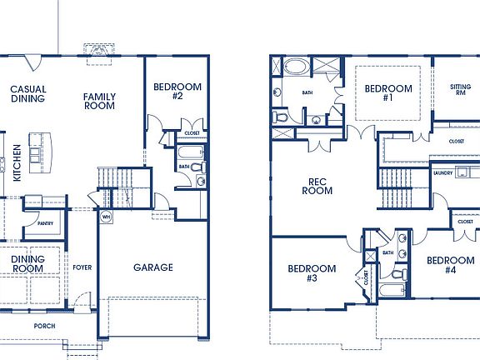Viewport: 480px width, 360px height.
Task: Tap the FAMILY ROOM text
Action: [99, 102]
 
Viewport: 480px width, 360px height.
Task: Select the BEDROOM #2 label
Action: [177, 91]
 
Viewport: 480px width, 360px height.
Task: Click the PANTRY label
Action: [45, 223]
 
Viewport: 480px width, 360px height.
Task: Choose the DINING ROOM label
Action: [27, 263]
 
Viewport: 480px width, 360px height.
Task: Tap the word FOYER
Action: [82, 267]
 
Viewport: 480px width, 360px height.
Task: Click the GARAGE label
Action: [153, 267]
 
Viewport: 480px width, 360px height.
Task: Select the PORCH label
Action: [44, 325]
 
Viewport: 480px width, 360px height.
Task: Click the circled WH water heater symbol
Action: [106, 217]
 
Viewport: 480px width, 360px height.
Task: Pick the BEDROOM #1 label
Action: [388, 93]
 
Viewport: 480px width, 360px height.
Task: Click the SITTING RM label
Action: [460, 90]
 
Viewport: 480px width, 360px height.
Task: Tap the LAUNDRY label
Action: [443, 173]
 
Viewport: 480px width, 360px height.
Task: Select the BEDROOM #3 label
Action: [312, 273]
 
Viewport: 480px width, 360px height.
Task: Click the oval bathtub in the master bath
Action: [295, 67]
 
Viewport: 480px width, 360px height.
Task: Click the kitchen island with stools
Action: [37, 147]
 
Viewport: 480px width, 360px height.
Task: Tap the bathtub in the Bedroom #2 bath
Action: [190, 153]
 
